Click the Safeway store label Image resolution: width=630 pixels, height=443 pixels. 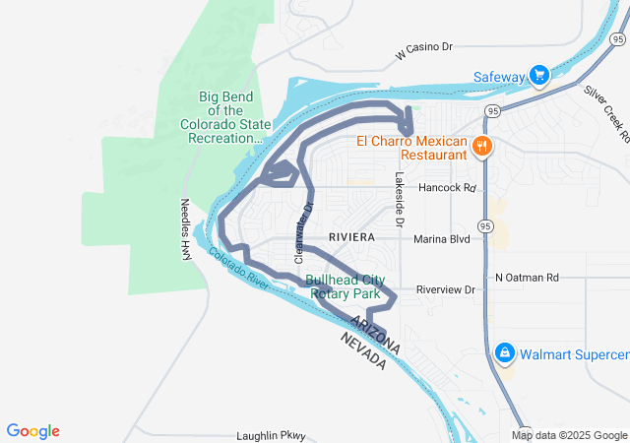click(499, 76)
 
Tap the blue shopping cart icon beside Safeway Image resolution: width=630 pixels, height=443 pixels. click(538, 76)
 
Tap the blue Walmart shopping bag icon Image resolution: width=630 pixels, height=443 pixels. click(504, 352)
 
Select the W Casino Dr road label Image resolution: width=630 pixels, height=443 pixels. click(423, 47)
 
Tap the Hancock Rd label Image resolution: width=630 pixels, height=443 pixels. click(447, 187)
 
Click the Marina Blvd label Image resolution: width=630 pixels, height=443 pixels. click(443, 238)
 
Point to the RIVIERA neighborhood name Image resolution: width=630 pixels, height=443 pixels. click(351, 238)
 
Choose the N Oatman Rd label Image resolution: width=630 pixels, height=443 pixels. click(527, 278)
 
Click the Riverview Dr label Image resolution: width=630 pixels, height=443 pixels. click(445, 289)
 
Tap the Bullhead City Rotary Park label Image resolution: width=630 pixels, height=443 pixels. click(345, 285)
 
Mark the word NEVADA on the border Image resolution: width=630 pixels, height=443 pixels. click(363, 350)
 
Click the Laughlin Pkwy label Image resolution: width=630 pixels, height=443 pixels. click(272, 435)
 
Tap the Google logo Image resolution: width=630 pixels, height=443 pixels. click(33, 430)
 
